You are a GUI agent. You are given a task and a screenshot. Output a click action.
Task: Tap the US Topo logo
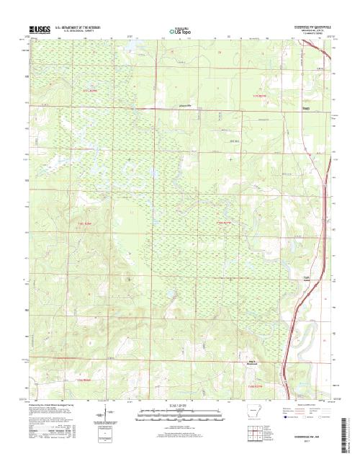pyautogui.click(x=180, y=31)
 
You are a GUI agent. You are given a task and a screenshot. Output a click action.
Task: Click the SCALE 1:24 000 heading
pyautogui.click(x=179, y=406)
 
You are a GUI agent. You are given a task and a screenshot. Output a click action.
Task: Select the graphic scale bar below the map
pyautogui.click(x=179, y=412)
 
